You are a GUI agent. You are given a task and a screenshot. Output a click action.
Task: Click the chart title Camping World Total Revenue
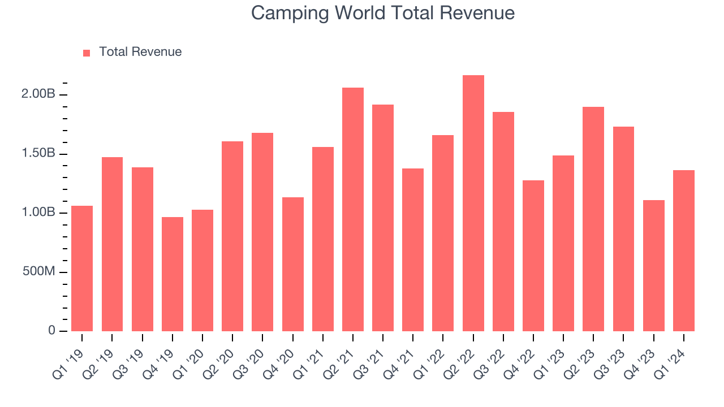coord(383,13)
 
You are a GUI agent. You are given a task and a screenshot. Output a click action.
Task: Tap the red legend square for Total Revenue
coord(87,53)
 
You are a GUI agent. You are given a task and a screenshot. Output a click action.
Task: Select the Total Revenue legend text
coord(140,52)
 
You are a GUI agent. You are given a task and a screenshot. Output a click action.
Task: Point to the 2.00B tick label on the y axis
coord(38,94)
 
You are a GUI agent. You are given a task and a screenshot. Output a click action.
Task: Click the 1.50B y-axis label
coord(38,154)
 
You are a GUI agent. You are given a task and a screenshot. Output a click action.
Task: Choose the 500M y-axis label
coord(38,272)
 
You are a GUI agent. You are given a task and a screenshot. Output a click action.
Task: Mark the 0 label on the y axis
coord(51,331)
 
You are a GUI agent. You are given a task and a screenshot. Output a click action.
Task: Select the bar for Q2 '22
coord(473,203)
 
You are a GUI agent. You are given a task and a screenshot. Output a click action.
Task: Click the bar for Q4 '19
coord(173,274)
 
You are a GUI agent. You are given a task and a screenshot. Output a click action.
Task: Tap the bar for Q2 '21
coord(353,209)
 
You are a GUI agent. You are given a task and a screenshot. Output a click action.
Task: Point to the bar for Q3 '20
coord(262,232)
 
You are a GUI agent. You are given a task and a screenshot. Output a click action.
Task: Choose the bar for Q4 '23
coord(654,266)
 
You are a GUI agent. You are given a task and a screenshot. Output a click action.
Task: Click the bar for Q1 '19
coord(82,269)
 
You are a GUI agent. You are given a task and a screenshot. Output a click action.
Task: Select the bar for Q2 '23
coord(593,219)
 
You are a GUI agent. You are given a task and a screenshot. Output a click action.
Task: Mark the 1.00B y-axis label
coord(38,213)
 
